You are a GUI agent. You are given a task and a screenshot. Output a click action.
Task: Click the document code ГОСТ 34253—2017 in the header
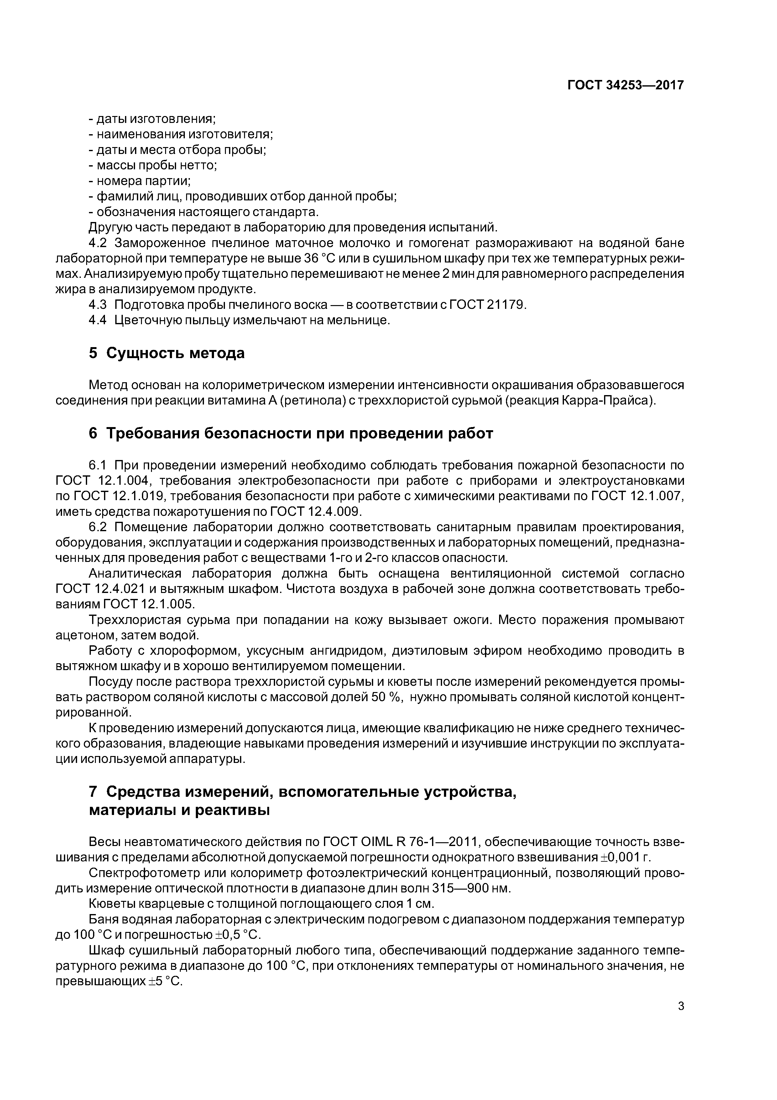(625, 85)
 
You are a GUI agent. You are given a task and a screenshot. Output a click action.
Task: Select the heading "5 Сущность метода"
(167, 353)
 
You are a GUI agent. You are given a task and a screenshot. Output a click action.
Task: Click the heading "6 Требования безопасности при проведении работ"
(291, 434)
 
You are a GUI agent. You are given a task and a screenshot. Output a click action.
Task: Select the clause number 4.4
(98, 320)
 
